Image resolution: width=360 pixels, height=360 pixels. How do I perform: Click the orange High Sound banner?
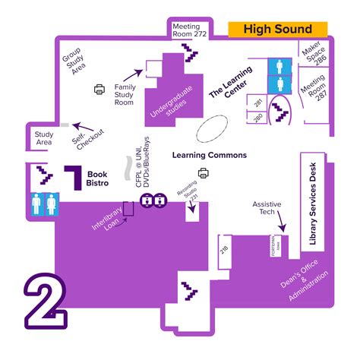tap(277, 29)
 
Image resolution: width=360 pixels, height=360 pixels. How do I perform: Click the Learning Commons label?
tap(209, 155)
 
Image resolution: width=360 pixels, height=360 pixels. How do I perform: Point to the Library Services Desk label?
tap(311, 201)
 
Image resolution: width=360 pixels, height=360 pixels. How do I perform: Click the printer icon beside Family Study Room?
tap(99, 89)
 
